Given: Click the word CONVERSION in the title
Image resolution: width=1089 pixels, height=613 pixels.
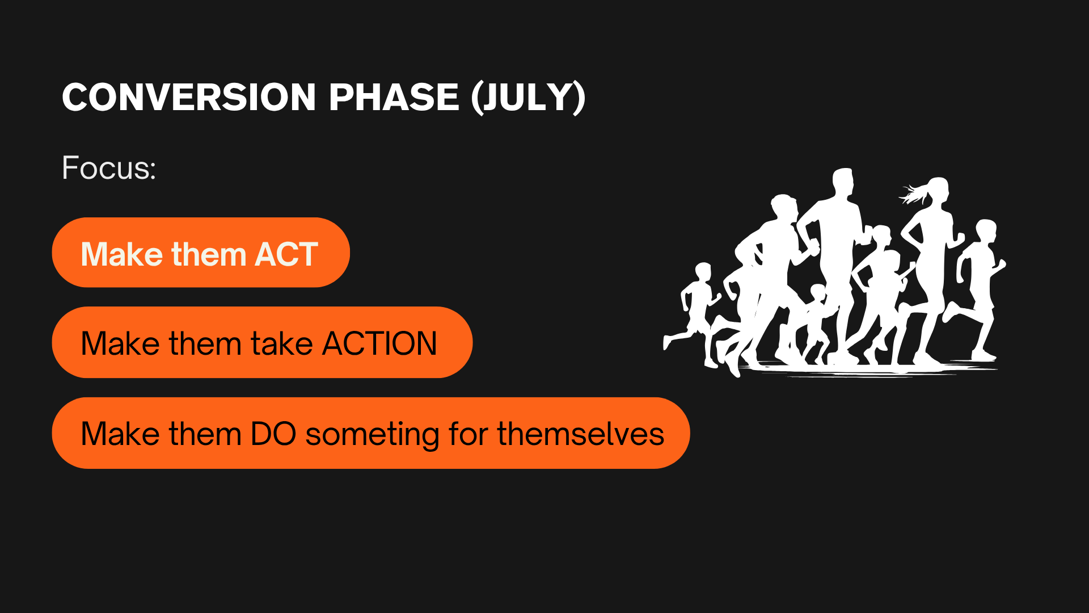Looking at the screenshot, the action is tap(189, 97).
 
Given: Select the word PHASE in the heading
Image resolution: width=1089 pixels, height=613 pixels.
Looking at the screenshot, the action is tap(394, 97).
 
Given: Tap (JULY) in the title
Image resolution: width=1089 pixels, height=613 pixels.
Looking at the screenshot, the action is tap(528, 98).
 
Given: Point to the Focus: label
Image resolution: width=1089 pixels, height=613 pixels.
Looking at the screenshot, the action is tap(109, 168).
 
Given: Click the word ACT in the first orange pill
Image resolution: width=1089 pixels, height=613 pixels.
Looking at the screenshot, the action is tap(286, 254).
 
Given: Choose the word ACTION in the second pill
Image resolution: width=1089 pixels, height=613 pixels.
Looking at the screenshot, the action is tap(379, 343).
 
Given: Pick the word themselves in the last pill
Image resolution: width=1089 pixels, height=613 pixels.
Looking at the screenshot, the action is tap(581, 434).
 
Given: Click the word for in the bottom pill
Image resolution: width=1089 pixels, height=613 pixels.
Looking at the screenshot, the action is tap(468, 434).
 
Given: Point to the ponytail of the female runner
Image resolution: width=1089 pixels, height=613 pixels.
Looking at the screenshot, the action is tap(913, 194).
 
